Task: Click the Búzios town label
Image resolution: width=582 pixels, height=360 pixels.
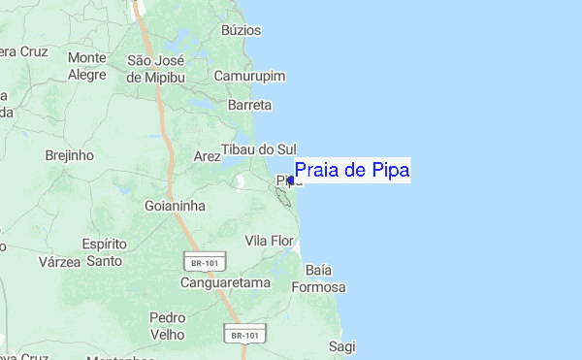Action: (x=241, y=30)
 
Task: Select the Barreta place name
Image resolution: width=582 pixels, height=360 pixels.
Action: (x=248, y=104)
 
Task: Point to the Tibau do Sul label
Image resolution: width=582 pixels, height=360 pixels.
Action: (x=258, y=149)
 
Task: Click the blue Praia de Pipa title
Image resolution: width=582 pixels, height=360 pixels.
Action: (x=352, y=171)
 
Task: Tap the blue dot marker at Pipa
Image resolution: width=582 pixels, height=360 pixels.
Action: (x=291, y=180)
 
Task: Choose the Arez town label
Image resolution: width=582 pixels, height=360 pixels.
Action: (x=208, y=155)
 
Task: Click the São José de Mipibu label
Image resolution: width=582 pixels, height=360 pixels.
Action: (x=162, y=68)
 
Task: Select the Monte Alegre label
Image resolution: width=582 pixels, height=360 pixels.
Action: (x=86, y=65)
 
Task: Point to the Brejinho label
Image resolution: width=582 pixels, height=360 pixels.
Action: (x=69, y=154)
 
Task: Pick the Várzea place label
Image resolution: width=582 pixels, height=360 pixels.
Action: (x=58, y=261)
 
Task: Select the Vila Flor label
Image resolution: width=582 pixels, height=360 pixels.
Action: (x=269, y=240)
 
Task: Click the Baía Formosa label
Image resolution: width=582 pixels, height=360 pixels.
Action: (x=324, y=278)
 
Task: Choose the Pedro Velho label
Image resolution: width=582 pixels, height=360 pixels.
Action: (x=167, y=325)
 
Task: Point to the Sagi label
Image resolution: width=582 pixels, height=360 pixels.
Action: (x=341, y=345)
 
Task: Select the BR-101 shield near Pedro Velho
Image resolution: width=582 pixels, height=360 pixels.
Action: (x=243, y=335)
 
